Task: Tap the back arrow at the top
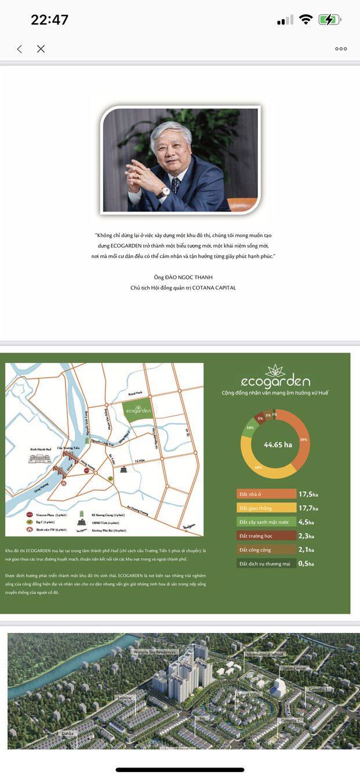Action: [20, 49]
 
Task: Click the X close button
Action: [41, 49]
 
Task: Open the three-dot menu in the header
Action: [341, 49]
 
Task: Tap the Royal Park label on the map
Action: [135, 392]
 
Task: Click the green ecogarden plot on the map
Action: [139, 410]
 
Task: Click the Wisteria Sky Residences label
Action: [154, 652]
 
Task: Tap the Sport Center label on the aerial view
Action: [294, 668]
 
